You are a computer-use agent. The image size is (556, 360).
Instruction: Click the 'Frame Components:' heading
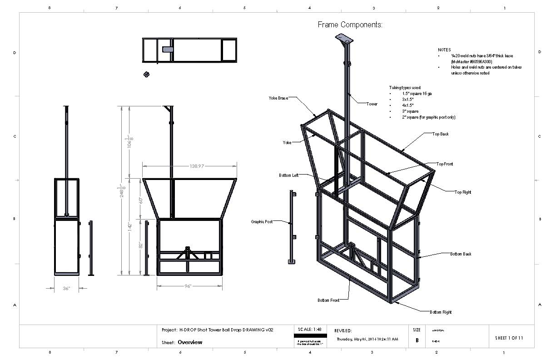click(350, 25)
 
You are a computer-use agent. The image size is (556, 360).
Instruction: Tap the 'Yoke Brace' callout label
click(278, 98)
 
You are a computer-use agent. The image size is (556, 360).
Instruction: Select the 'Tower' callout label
click(372, 104)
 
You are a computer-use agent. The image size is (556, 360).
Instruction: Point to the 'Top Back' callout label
click(440, 134)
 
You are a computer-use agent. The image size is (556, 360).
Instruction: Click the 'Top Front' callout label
click(444, 164)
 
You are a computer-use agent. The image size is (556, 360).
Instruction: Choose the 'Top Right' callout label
click(463, 192)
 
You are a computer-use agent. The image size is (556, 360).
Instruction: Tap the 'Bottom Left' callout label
click(289, 175)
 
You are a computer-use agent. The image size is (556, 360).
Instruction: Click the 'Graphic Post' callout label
click(262, 222)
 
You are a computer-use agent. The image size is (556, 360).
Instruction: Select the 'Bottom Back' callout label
click(461, 254)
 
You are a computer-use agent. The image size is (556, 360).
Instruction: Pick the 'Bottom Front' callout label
click(328, 300)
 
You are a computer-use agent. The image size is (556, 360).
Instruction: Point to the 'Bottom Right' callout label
click(441, 312)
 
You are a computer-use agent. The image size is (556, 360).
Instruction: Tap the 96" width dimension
click(188, 286)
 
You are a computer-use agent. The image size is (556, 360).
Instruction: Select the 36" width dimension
click(66, 288)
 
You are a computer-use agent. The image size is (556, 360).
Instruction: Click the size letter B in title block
click(417, 340)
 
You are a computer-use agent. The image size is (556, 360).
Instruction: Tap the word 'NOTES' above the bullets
click(444, 50)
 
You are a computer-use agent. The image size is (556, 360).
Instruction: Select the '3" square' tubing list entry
click(410, 111)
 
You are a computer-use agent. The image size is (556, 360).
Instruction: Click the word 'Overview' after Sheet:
click(190, 342)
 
